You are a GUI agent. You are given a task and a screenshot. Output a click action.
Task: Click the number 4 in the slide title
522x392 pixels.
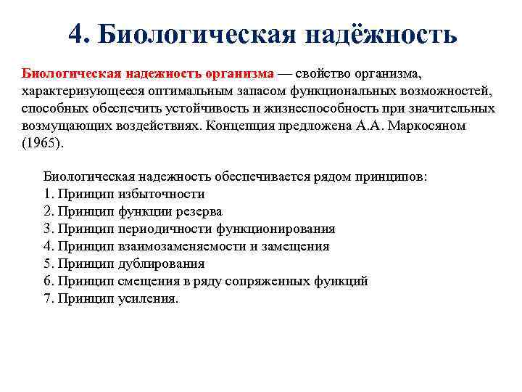click(77, 33)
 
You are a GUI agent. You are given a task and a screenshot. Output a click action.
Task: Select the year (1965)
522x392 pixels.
click(43, 144)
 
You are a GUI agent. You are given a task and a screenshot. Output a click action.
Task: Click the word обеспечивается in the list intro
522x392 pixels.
click(264, 176)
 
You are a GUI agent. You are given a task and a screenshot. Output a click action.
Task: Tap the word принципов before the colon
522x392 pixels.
click(392, 176)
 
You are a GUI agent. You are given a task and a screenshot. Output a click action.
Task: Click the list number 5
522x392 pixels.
click(48, 264)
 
